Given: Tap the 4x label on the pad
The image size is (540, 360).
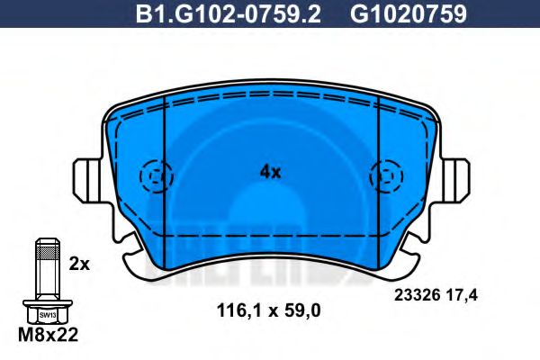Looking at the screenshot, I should tap(270, 171).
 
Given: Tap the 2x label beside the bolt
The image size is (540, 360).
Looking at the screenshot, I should tap(79, 265).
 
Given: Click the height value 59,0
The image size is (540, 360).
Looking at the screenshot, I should tap(301, 310).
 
